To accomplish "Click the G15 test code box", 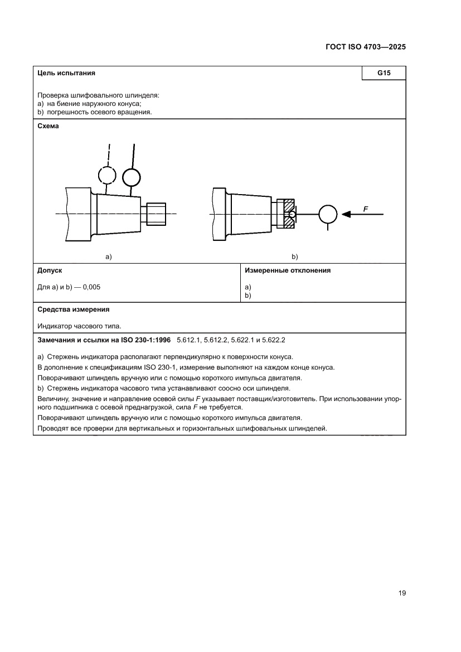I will point(383,73).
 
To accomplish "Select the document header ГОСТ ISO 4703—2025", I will point(365,47).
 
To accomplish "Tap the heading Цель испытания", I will point(66,73).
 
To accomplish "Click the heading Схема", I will point(48,126).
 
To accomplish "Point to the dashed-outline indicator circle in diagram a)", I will point(107,175).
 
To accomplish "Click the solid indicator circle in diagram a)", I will point(132,177).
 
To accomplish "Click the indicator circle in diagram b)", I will point(328,214).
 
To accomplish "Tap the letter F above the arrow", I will point(366,209).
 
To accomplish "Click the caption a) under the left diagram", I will point(109,257).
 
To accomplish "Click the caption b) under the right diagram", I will point(295,257).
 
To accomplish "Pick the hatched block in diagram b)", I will point(289,214).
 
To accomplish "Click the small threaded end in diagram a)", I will point(157,214).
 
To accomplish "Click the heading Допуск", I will point(50,271).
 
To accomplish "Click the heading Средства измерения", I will point(73,309).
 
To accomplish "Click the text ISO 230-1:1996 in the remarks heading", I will point(145,339).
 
